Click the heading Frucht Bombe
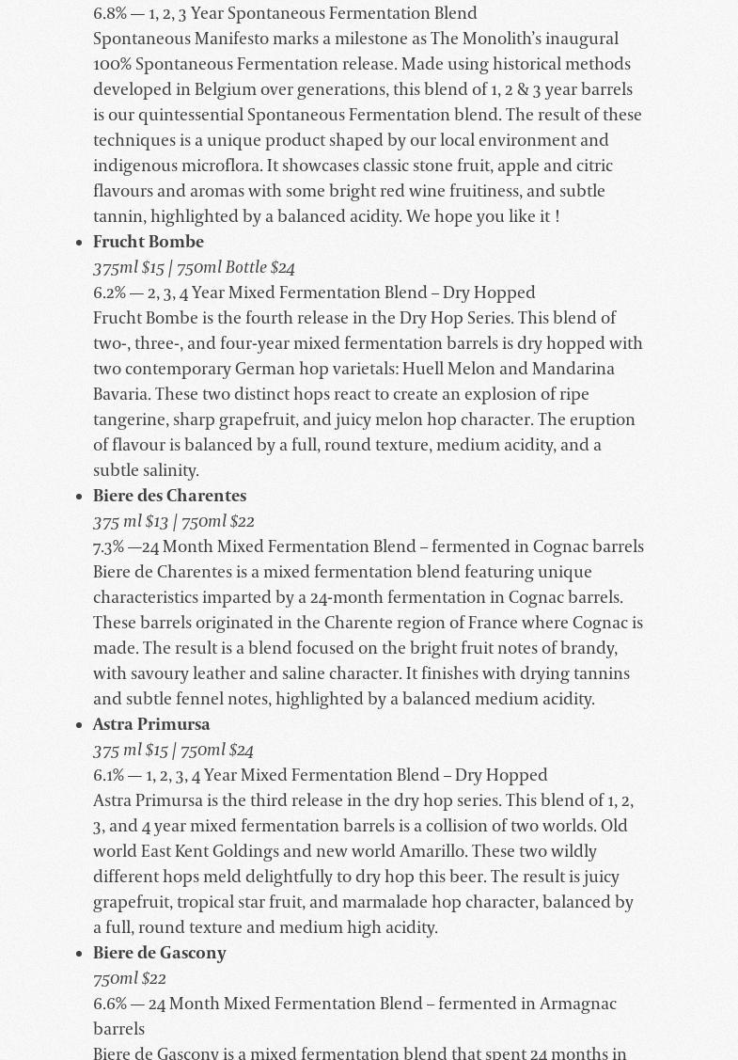pos(149,243)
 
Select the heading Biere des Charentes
pos(169,497)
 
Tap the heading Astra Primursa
pos(151,725)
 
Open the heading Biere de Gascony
pos(160,954)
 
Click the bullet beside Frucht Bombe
pos(80,244)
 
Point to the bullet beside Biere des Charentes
pos(80,498)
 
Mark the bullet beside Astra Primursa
pos(80,726)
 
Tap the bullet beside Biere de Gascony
pos(80,955)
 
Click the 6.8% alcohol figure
pos(109,14)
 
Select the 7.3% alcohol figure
pos(109,547)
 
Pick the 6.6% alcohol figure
pos(109,1005)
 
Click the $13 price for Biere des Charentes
pos(156,522)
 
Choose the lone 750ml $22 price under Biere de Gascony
pos(130,979)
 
